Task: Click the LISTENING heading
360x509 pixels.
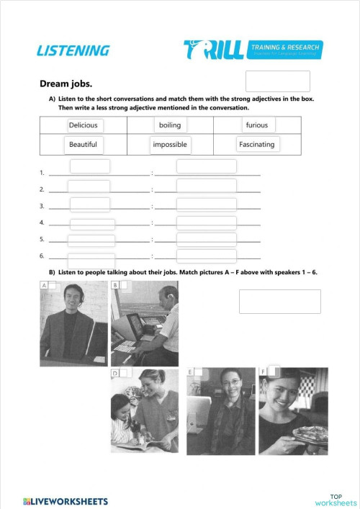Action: tap(73, 50)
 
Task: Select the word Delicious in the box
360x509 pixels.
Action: tap(83, 125)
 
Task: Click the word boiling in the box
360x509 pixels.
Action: tap(170, 125)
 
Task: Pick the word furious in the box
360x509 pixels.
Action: tap(256, 125)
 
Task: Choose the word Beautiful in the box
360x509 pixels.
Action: tap(83, 145)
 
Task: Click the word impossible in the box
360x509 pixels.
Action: tap(170, 145)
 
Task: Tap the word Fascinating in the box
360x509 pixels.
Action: tap(256, 145)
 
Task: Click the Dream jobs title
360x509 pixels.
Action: tap(66, 83)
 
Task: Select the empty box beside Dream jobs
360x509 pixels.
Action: tap(277, 81)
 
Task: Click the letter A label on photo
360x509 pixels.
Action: tap(44, 286)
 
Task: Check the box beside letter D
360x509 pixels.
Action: tap(123, 373)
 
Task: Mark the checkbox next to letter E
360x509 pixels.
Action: tap(198, 372)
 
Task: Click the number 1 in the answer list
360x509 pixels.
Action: tap(42, 173)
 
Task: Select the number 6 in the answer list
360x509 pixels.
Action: tap(42, 256)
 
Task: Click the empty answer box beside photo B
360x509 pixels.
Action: tap(279, 301)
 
